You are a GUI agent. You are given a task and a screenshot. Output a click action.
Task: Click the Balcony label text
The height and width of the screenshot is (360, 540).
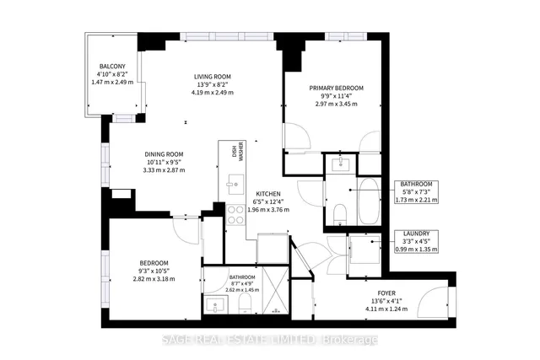point(113,67)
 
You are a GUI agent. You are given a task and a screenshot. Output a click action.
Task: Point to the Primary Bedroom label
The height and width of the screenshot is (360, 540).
point(336,89)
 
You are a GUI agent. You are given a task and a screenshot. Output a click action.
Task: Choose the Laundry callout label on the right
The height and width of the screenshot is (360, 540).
point(416,234)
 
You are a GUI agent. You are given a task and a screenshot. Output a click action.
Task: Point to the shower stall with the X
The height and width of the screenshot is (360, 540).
point(271,291)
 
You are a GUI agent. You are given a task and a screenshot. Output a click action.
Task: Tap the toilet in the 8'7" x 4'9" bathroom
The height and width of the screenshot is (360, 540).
point(242,303)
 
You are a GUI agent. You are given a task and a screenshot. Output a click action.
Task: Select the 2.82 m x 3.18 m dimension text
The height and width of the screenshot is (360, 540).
point(159,277)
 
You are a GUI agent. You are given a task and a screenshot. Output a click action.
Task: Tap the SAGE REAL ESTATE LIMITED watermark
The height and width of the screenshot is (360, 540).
point(270,340)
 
